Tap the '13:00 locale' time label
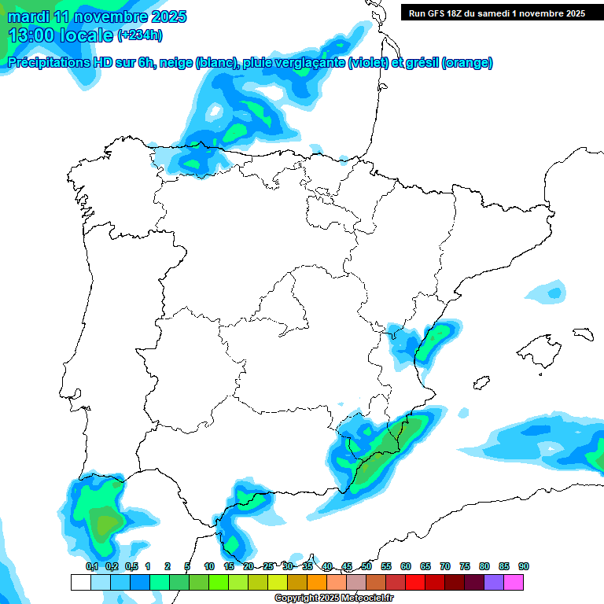[61, 35]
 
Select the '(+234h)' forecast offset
[139, 35]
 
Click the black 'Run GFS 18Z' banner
[496, 13]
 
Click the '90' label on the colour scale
[524, 566]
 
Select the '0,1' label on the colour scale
[92, 566]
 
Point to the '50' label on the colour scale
[366, 566]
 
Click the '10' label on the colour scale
[209, 566]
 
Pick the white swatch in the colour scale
[80, 582]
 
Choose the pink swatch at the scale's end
[514, 582]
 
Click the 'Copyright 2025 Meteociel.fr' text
[333, 598]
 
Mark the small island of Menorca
[583, 333]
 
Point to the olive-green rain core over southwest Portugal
[102, 521]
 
